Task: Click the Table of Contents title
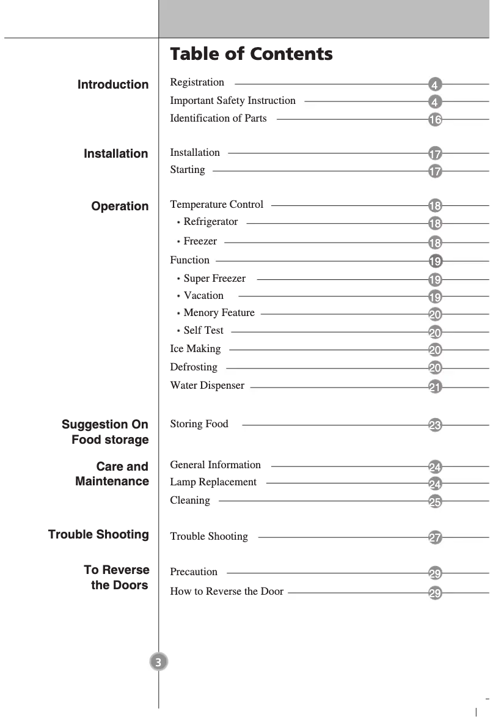[251, 54]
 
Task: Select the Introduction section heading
[113, 85]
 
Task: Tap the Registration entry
[197, 83]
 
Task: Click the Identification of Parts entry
[218, 119]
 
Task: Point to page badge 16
[435, 120]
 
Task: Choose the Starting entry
[188, 170]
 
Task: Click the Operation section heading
[120, 207]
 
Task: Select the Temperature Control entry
[216, 205]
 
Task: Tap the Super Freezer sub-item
[214, 279]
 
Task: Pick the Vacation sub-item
[203, 296]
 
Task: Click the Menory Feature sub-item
[219, 313]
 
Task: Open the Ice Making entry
[195, 349]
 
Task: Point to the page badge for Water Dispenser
[435, 387]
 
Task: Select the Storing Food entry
[199, 424]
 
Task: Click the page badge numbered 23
[435, 425]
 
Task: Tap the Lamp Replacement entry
[213, 482]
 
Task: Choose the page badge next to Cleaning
[435, 502]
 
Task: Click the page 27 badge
[435, 539]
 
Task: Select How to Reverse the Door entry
[227, 592]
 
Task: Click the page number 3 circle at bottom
[158, 662]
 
